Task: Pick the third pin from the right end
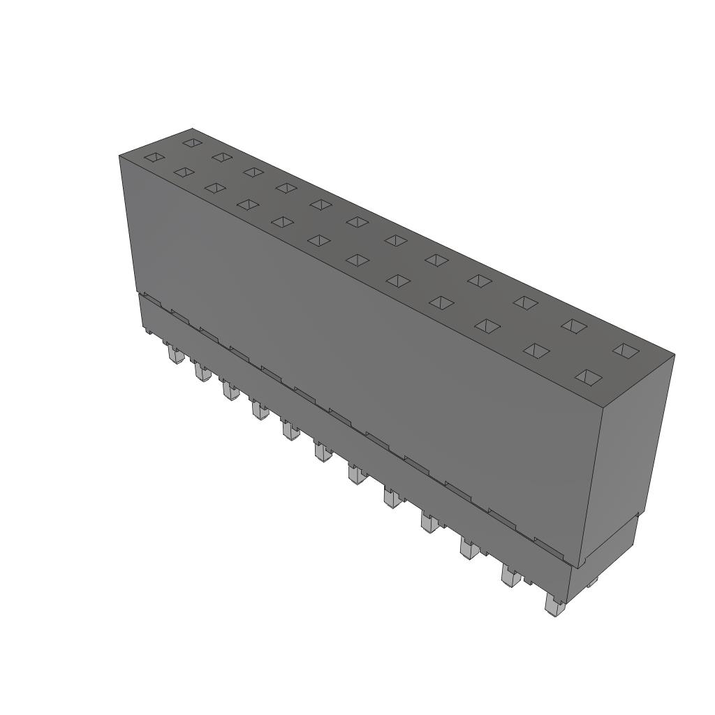(x=469, y=548)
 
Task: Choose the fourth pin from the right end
(x=429, y=522)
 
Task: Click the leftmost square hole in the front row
(x=154, y=158)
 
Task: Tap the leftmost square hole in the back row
(x=192, y=143)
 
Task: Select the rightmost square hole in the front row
(x=589, y=378)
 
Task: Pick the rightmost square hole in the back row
(x=626, y=351)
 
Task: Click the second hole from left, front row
(x=184, y=172)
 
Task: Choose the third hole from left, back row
(x=253, y=172)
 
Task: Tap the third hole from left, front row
(x=214, y=188)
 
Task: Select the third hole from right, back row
(x=525, y=302)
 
